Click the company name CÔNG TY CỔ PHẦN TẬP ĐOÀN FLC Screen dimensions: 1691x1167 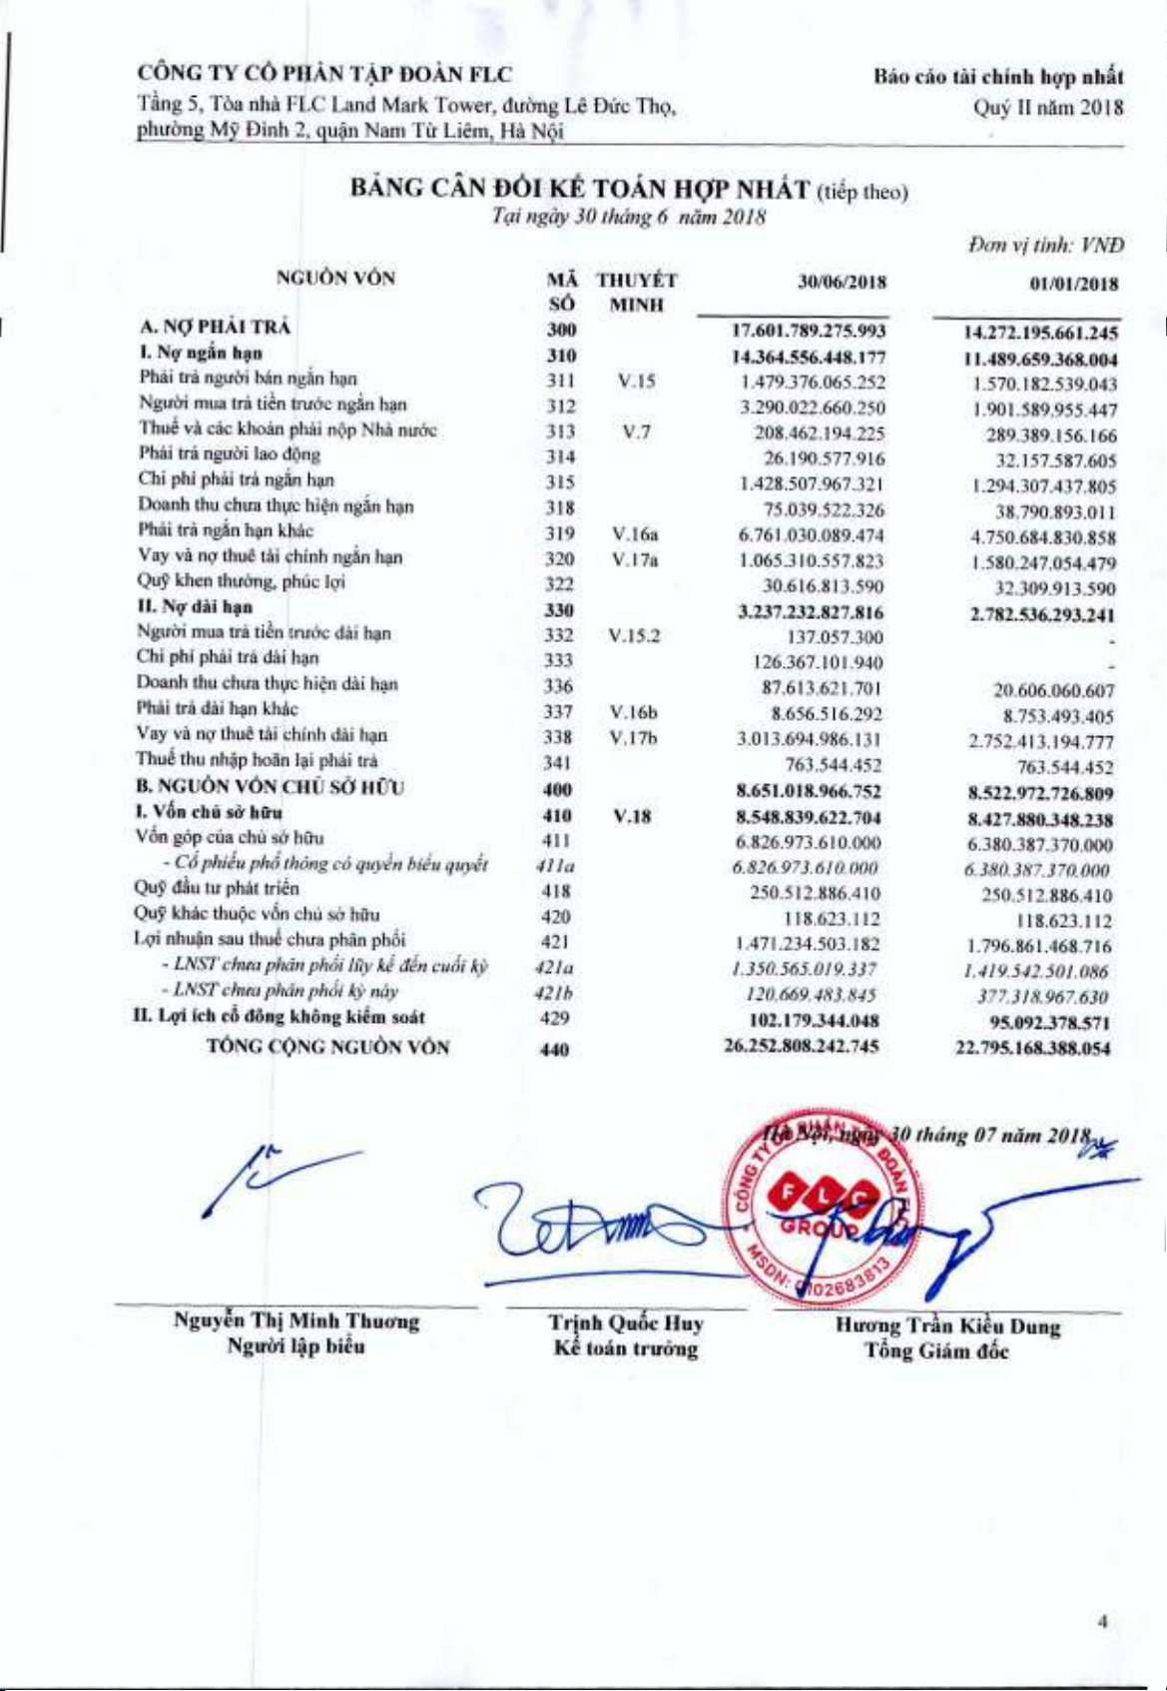(324, 74)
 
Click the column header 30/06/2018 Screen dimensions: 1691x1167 (844, 283)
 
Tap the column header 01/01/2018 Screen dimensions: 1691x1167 (1073, 285)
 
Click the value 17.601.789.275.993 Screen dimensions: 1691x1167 (810, 331)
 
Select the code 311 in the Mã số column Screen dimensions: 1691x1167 (561, 381)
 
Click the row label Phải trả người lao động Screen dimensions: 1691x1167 (230, 454)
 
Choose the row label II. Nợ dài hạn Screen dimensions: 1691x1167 (195, 606)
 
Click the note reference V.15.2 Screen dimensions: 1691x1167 (634, 636)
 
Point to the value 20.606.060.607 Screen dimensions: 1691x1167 (1054, 690)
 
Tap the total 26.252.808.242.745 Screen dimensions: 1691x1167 (803, 1046)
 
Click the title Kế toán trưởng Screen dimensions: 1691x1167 (626, 1348)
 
